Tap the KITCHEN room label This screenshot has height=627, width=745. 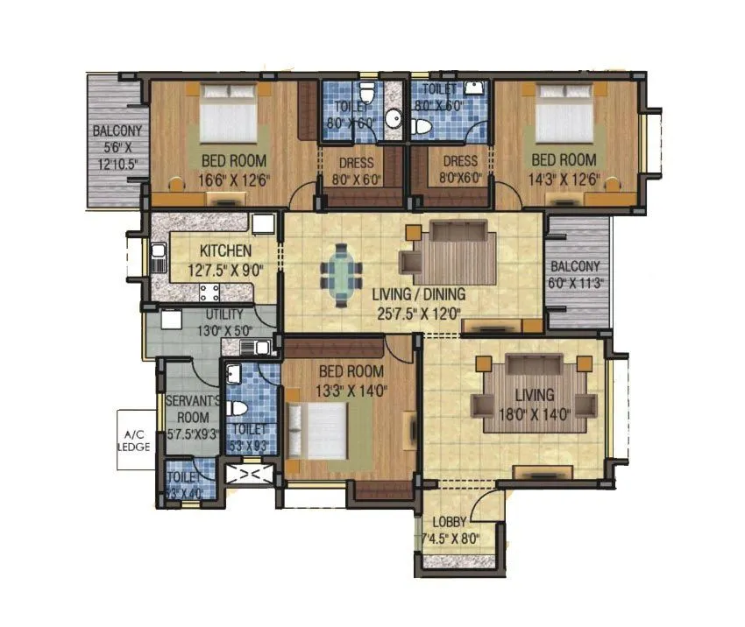pos(224,250)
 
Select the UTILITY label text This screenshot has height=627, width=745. pos(224,314)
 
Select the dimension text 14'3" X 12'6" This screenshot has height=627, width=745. pos(564,180)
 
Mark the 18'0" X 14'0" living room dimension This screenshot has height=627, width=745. pos(534,414)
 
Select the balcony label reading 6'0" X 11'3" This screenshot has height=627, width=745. pos(576,274)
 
